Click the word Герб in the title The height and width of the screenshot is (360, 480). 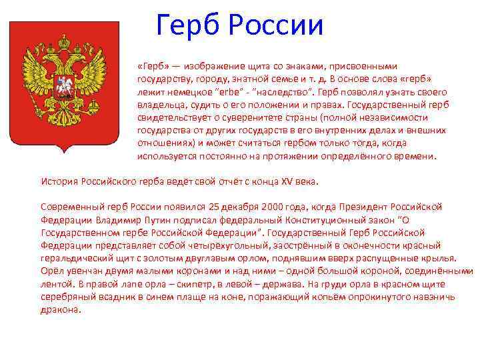(x=189, y=26)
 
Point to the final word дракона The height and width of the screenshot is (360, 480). (x=60, y=309)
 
